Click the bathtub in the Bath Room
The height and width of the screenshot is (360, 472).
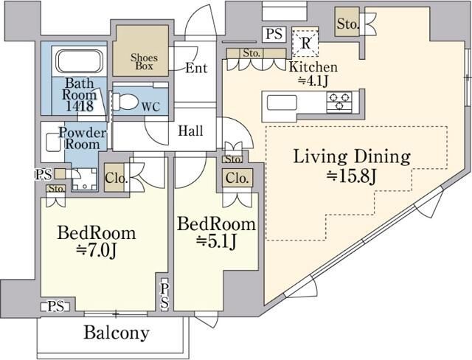click(80, 62)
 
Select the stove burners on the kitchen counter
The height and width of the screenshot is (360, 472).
click(340, 102)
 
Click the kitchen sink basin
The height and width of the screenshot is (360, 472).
click(282, 103)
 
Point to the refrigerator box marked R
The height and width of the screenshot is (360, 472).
click(305, 43)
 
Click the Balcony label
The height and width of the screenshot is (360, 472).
click(117, 333)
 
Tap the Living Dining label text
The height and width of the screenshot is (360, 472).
click(352, 156)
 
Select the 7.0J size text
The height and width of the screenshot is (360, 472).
click(97, 250)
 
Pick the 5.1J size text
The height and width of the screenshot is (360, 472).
click(216, 241)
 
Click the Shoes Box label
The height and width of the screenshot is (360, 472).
click(144, 62)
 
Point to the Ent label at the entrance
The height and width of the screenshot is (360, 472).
click(196, 68)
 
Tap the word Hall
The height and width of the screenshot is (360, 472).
click(190, 131)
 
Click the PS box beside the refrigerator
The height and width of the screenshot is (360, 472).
click(274, 34)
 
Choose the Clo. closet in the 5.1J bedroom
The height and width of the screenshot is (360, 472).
click(237, 178)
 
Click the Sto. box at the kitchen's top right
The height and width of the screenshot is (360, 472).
click(348, 23)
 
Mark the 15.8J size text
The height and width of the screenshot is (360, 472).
click(351, 177)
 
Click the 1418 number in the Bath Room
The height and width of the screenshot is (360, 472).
click(80, 106)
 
